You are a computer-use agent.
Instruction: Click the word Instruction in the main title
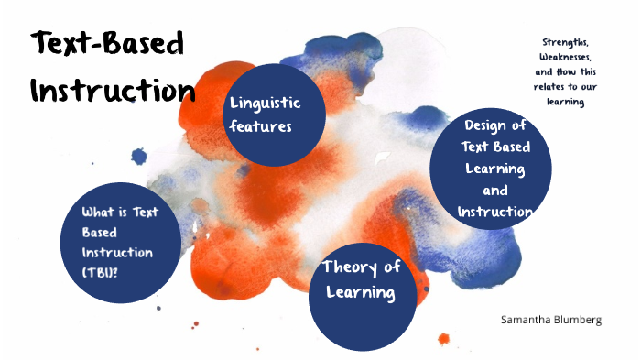[112, 90]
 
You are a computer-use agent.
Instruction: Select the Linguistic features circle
[276, 115]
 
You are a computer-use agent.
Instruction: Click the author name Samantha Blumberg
[550, 320]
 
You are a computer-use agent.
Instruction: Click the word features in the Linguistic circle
[261, 126]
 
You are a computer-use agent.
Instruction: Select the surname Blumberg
[577, 320]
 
